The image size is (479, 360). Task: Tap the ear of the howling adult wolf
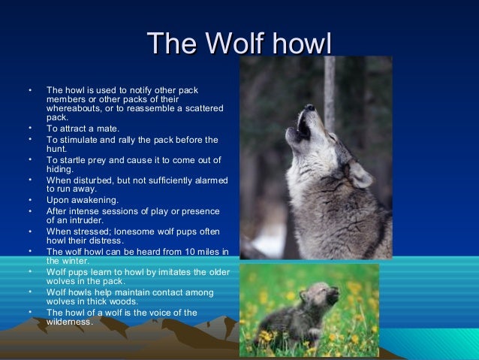360,174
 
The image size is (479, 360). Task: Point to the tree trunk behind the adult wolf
329,83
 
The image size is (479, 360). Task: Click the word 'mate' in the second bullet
107,129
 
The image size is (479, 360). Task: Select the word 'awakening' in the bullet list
93,200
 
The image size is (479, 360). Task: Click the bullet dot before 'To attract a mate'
30,129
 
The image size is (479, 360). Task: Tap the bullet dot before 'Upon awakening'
30,200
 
